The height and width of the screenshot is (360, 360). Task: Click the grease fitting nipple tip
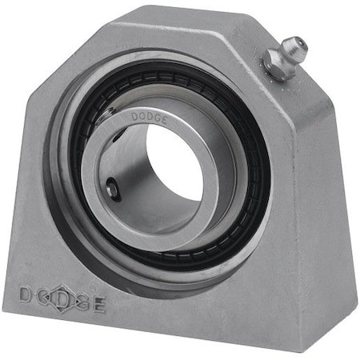click(x=298, y=42)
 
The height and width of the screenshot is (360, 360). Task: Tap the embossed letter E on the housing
click(x=98, y=305)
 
